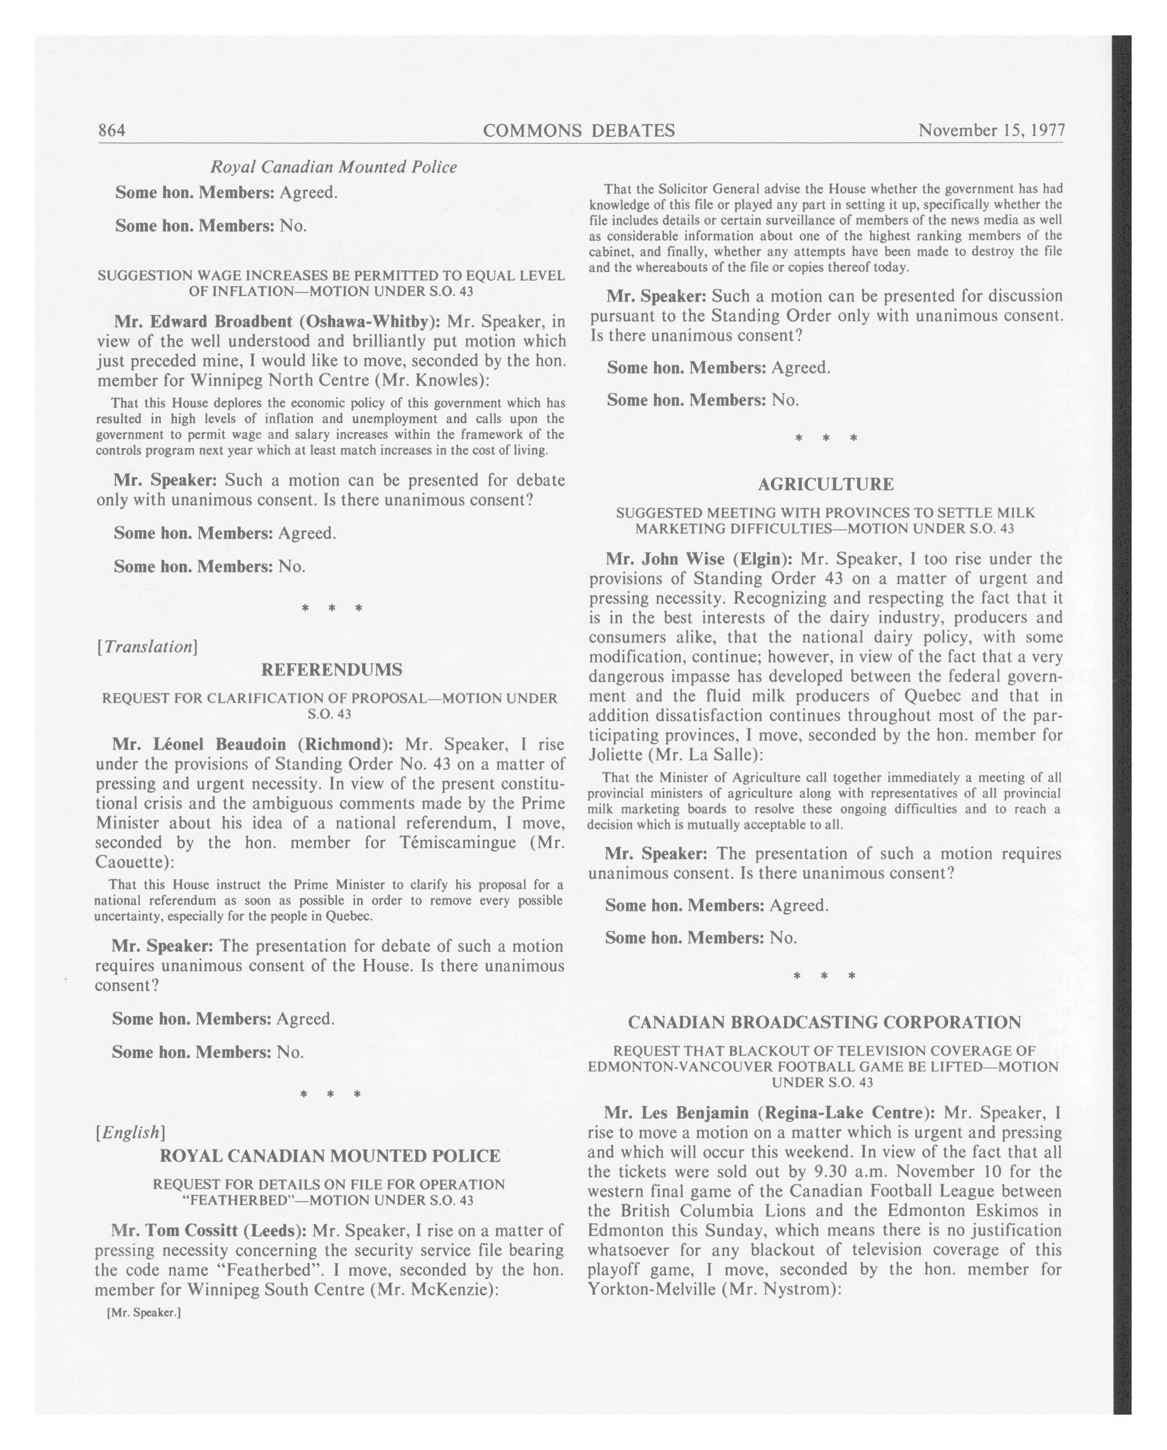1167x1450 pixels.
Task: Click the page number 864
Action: (112, 131)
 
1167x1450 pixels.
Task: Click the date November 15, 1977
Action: (991, 131)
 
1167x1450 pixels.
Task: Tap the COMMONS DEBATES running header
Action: (579, 131)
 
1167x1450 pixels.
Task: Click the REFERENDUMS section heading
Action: (331, 670)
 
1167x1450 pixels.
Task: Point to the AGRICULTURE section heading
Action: (825, 484)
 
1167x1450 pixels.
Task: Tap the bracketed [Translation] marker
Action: (147, 647)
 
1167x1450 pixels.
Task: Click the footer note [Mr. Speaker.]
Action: (144, 1312)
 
